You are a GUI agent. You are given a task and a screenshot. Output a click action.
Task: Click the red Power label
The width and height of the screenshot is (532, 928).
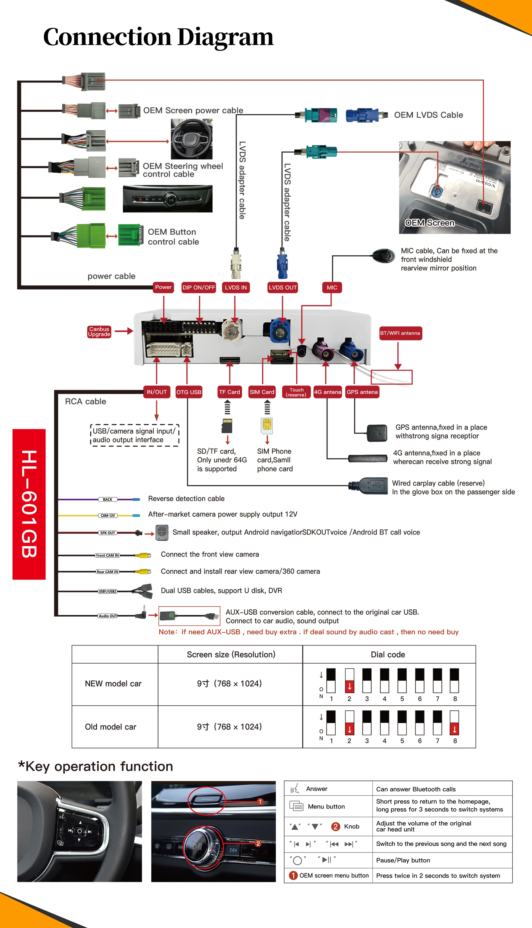click(163, 287)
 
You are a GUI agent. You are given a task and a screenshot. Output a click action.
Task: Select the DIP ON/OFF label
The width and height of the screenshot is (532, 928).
click(199, 288)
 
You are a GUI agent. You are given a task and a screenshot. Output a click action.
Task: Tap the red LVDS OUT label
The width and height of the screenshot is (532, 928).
click(282, 288)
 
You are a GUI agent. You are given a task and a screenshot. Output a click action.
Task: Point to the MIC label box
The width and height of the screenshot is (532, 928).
click(332, 288)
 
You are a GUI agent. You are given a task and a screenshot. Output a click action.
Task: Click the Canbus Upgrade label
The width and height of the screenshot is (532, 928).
click(99, 332)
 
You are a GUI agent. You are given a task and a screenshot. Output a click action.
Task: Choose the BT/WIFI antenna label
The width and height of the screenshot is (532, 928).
click(400, 333)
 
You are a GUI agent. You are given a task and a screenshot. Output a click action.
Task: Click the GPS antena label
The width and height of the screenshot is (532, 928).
click(362, 392)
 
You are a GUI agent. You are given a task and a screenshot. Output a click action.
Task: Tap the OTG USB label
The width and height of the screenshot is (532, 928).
click(189, 392)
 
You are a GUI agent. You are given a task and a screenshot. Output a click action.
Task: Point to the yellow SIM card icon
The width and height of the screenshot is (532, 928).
click(267, 425)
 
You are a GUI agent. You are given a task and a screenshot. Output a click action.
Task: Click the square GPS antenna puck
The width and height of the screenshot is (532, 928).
click(377, 433)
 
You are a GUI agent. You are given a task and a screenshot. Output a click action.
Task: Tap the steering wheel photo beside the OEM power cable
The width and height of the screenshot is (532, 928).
click(192, 139)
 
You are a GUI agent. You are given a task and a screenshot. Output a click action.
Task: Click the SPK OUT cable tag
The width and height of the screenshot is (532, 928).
click(107, 533)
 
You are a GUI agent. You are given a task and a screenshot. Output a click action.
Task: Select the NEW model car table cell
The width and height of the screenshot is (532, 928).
click(113, 683)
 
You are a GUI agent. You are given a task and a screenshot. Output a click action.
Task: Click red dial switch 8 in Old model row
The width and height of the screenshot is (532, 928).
click(454, 729)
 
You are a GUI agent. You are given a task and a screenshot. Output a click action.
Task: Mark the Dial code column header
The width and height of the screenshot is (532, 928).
click(388, 654)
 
